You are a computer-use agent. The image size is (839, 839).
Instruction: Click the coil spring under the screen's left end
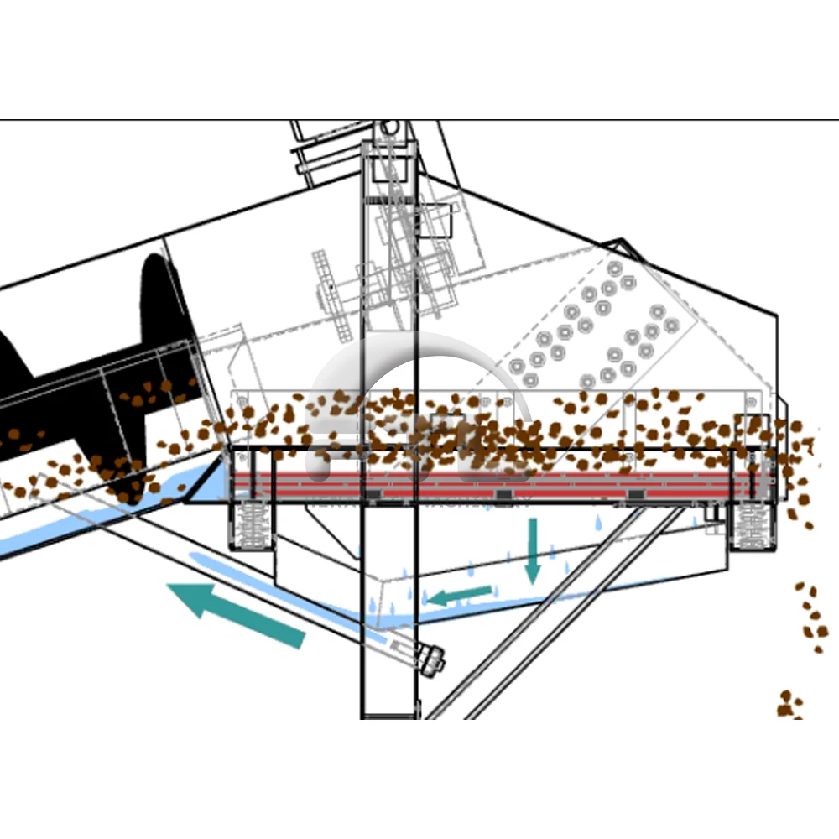pyautogui.click(x=249, y=525)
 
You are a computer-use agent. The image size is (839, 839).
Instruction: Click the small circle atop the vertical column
pyautogui.click(x=388, y=127)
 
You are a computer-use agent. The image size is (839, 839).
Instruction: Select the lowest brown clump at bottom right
pyautogui.click(x=789, y=705)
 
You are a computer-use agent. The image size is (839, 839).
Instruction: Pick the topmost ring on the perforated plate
pyautogui.click(x=615, y=268)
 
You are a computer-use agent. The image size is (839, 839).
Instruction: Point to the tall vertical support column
pyautogui.click(x=388, y=587)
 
